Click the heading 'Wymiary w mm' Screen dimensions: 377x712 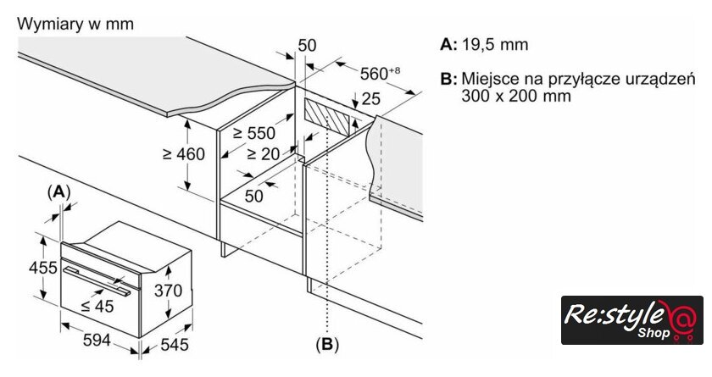pos(75,24)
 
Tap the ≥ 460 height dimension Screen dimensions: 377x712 pos(184,154)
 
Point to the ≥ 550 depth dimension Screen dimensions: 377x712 pos(253,133)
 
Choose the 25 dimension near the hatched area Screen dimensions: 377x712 pos(370,98)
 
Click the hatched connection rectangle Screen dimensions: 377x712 pos(330,117)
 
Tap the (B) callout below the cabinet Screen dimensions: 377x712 pos(326,344)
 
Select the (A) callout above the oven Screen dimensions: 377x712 pos(58,191)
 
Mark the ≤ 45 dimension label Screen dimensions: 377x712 pos(96,306)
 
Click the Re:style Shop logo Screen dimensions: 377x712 pos(632,319)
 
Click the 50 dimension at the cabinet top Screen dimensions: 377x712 pos(307,44)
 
